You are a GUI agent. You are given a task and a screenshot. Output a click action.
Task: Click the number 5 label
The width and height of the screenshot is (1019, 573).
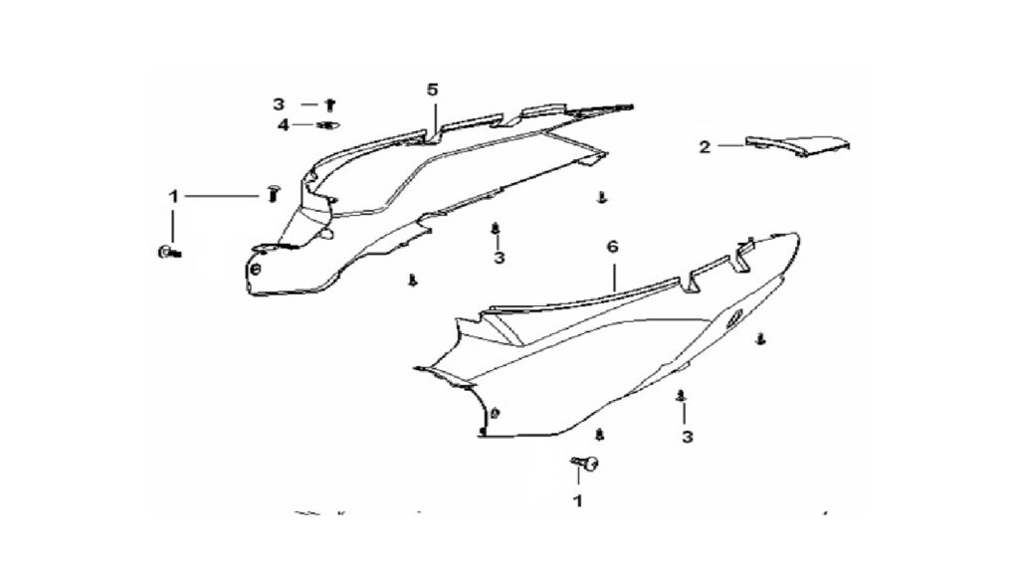point(433,89)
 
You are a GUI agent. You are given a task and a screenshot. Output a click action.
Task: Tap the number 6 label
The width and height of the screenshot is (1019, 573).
point(612,247)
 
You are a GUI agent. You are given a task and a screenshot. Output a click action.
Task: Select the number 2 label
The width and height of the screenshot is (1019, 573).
point(706,147)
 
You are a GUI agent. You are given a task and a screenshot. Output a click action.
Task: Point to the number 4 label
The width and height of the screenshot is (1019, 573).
point(284,124)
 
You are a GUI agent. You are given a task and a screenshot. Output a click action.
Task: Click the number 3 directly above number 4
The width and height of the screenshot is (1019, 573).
point(279,103)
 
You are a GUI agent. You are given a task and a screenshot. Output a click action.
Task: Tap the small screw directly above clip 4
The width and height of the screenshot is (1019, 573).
point(330,103)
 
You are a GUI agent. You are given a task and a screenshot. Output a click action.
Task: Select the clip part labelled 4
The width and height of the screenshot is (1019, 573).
point(329,124)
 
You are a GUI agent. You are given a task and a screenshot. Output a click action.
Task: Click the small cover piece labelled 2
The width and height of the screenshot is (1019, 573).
point(798,145)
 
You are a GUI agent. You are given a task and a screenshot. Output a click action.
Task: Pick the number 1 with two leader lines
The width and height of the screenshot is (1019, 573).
point(173,196)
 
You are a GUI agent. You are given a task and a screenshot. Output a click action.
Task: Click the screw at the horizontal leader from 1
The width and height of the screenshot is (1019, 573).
point(273,193)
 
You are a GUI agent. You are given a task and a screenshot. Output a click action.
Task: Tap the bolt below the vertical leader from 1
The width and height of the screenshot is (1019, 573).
point(169,252)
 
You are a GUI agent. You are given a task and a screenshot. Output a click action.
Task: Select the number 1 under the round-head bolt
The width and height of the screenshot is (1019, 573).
point(577,501)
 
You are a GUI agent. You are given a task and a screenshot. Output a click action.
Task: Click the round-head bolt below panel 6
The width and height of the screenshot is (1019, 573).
point(585,463)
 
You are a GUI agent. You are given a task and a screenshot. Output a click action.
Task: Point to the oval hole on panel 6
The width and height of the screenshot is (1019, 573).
point(734,317)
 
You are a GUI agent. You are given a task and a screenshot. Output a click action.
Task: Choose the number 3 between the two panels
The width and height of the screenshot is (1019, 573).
point(499,258)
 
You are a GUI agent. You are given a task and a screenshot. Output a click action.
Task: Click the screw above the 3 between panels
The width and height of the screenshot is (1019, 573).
point(496,229)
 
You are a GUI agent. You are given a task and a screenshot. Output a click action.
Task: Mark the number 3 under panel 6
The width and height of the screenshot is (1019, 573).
point(687,438)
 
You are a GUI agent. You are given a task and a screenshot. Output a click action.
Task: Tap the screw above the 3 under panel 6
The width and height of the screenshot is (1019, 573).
point(681,395)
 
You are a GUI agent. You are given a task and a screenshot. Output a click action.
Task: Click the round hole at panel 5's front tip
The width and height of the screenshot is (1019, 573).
point(255,269)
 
